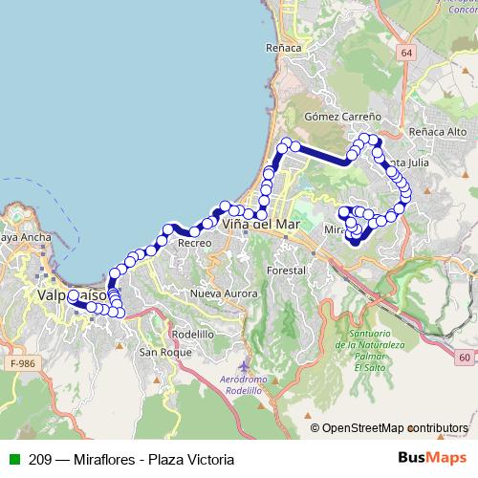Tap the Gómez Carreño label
(x=342, y=116)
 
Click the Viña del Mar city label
(x=260, y=224)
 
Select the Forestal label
(x=286, y=271)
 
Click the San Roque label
(x=160, y=353)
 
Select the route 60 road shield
(x=464, y=358)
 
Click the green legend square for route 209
(x=13, y=460)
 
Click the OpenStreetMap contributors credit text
(x=395, y=428)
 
